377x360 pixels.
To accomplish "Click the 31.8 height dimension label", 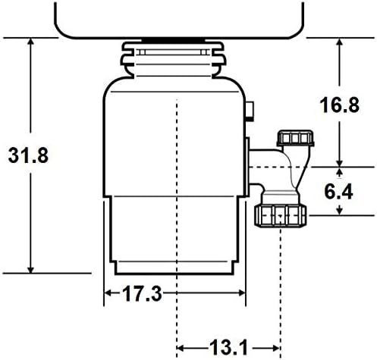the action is coord(28,155).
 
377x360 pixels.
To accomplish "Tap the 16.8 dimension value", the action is coord(339,105).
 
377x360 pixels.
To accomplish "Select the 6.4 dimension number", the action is coord(338,192).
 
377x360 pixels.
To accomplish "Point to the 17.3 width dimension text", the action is coord(142,294).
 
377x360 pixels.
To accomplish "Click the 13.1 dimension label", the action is coord(229,348).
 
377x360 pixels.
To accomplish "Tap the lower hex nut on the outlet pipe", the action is coord(281,215).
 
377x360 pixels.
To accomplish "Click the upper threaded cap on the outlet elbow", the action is coord(295,138).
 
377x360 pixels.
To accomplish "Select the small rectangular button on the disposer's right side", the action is coord(250,111).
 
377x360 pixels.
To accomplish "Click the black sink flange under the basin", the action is coord(173,40).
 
